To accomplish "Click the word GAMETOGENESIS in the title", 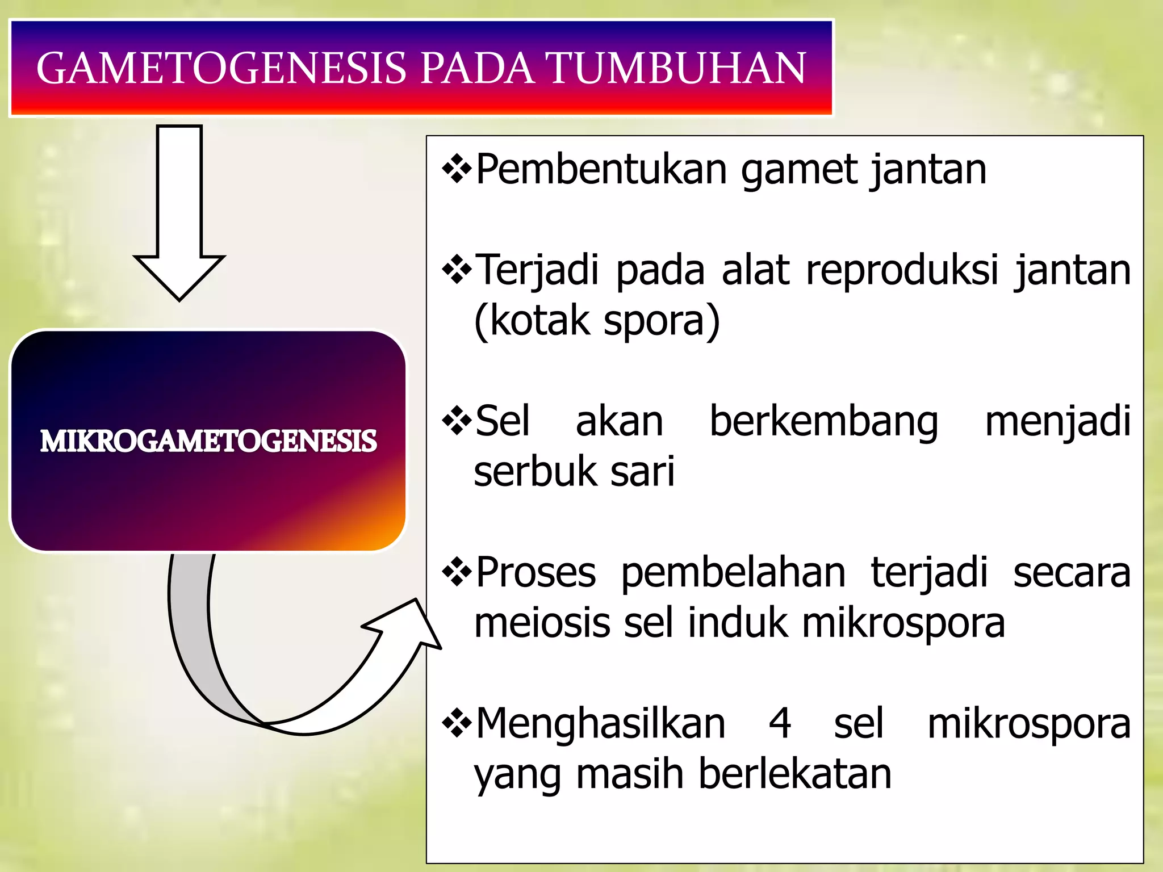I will tap(221, 68).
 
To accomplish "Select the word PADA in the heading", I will tap(477, 68).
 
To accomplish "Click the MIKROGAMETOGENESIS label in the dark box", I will tap(208, 441).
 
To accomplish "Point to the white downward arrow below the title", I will tap(179, 216).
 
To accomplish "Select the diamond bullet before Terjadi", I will tap(457, 270).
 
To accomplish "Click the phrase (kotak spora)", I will tap(597, 321).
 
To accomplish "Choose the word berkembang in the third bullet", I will tap(824, 422).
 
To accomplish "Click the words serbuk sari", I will tap(574, 472).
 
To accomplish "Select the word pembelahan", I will tap(733, 573).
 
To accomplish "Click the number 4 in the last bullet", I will tap(780, 724).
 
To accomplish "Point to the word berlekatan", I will tap(795, 774).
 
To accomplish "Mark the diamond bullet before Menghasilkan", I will tap(457, 724).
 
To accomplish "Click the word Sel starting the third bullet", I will tap(503, 422).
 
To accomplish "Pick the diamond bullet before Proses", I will tap(457, 573).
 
